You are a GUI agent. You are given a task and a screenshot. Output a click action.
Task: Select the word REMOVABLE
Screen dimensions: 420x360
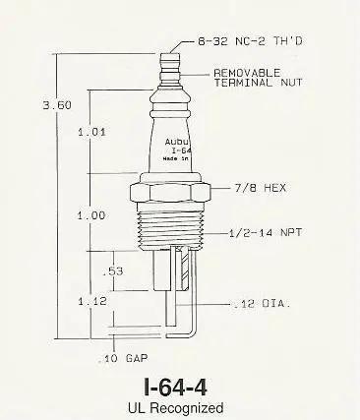pyautogui.click(x=247, y=73)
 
